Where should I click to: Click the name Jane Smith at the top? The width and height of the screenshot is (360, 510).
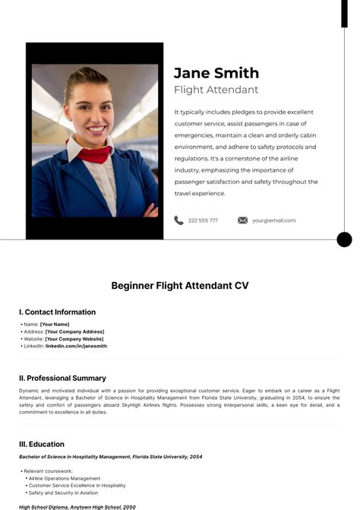click(x=216, y=73)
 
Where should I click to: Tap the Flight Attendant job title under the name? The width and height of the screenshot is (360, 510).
click(x=216, y=90)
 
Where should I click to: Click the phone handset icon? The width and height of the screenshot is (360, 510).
click(x=178, y=220)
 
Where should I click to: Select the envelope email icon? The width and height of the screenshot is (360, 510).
click(x=242, y=220)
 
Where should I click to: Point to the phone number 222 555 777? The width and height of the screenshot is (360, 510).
click(x=203, y=220)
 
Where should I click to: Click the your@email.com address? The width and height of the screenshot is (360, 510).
click(x=274, y=220)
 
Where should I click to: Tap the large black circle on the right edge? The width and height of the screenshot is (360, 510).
click(x=344, y=239)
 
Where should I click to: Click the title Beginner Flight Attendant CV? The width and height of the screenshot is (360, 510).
click(x=180, y=286)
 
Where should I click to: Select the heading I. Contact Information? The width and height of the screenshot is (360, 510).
click(x=58, y=312)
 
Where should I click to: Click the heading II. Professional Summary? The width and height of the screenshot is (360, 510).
click(x=63, y=378)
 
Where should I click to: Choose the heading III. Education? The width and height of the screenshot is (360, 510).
click(x=42, y=444)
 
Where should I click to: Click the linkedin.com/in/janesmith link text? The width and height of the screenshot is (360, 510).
click(x=76, y=346)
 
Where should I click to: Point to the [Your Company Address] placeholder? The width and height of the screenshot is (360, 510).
click(x=74, y=331)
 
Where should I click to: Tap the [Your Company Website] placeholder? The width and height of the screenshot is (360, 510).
click(x=74, y=339)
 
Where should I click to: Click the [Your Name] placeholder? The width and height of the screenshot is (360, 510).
click(x=55, y=325)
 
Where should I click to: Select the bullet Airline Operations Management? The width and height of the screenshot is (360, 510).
click(x=65, y=478)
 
